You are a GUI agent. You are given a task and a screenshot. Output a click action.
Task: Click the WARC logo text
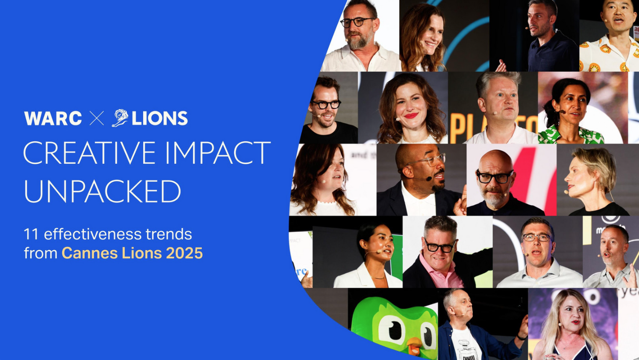(x=53, y=119)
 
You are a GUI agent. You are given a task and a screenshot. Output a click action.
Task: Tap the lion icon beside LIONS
(x=120, y=118)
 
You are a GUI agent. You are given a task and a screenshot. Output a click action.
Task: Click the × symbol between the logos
(x=97, y=119)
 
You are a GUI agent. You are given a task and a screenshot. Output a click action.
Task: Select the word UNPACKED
(x=102, y=191)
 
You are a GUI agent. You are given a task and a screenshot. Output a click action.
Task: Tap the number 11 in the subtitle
(x=32, y=234)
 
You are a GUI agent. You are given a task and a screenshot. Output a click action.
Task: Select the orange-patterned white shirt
(x=608, y=57)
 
